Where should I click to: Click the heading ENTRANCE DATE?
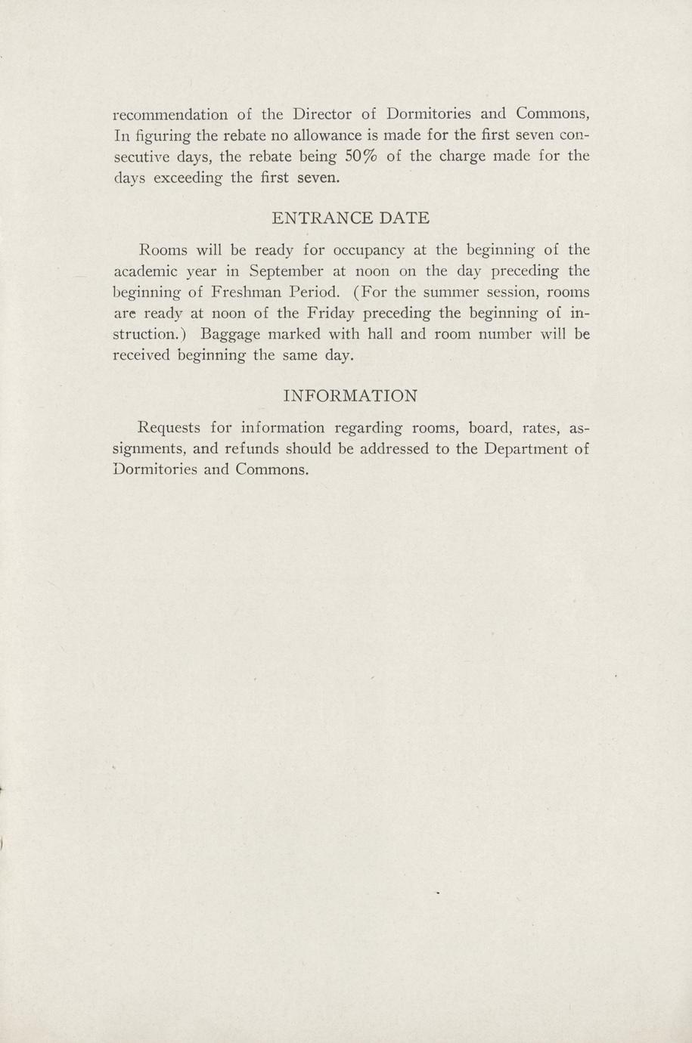click(x=350, y=218)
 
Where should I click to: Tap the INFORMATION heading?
click(x=350, y=396)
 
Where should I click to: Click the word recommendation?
click(x=169, y=115)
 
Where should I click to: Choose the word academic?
click(x=144, y=271)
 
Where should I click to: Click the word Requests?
click(x=170, y=428)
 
